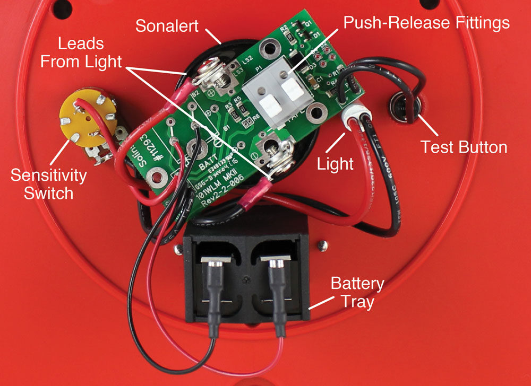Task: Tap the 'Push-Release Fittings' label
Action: click(x=426, y=23)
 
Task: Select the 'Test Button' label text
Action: click(x=463, y=147)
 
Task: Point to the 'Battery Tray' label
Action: click(x=357, y=292)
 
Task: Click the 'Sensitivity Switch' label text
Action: click(x=48, y=183)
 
